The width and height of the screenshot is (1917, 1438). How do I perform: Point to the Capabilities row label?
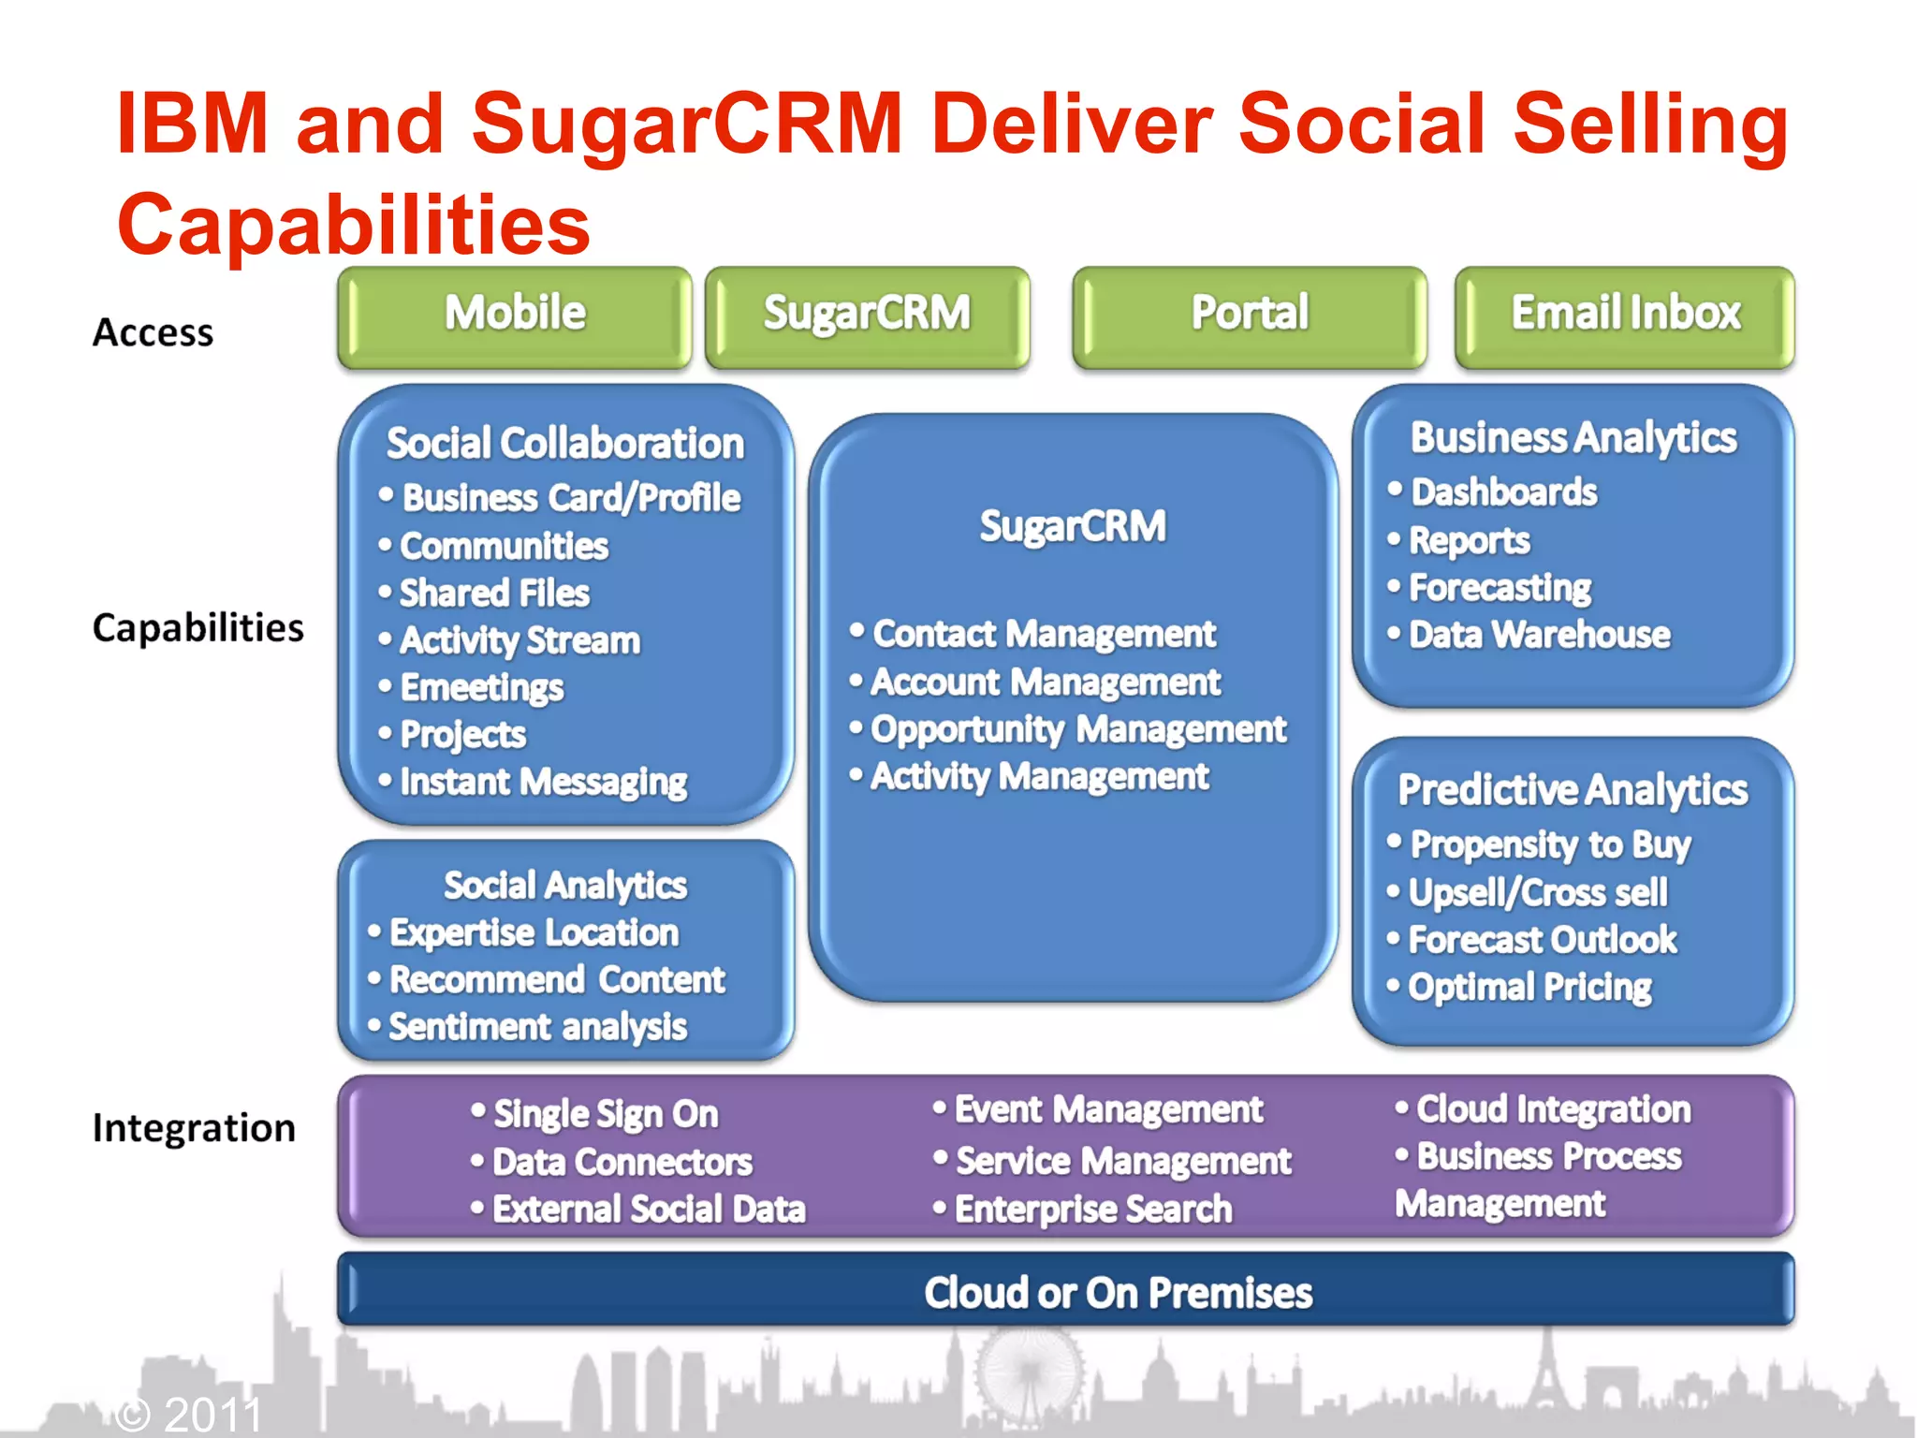pos(198,627)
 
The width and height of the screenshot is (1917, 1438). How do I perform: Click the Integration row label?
pos(194,1127)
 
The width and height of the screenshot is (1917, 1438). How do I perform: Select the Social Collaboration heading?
pos(565,443)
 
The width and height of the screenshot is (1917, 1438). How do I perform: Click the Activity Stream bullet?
pos(519,640)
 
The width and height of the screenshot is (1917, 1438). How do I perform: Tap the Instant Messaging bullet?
pos(543,782)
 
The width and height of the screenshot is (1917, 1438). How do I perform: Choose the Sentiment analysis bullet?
pos(537,1027)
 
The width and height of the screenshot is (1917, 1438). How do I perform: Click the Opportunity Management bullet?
pos(1078,729)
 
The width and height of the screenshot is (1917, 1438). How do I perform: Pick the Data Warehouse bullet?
pos(1539,635)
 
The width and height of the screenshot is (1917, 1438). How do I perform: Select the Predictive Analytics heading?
pos(1573,790)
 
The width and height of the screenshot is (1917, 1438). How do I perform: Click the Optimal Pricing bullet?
pos(1529,987)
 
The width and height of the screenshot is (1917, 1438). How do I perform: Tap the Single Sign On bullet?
pos(605,1114)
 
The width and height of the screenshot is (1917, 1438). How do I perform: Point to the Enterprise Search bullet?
pos(1092,1209)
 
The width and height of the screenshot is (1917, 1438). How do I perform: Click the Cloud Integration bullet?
pos(1553,1109)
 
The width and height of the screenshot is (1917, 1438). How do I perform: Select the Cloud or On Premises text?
pos(1118,1293)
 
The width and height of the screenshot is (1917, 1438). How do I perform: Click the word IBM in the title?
pos(193,124)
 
